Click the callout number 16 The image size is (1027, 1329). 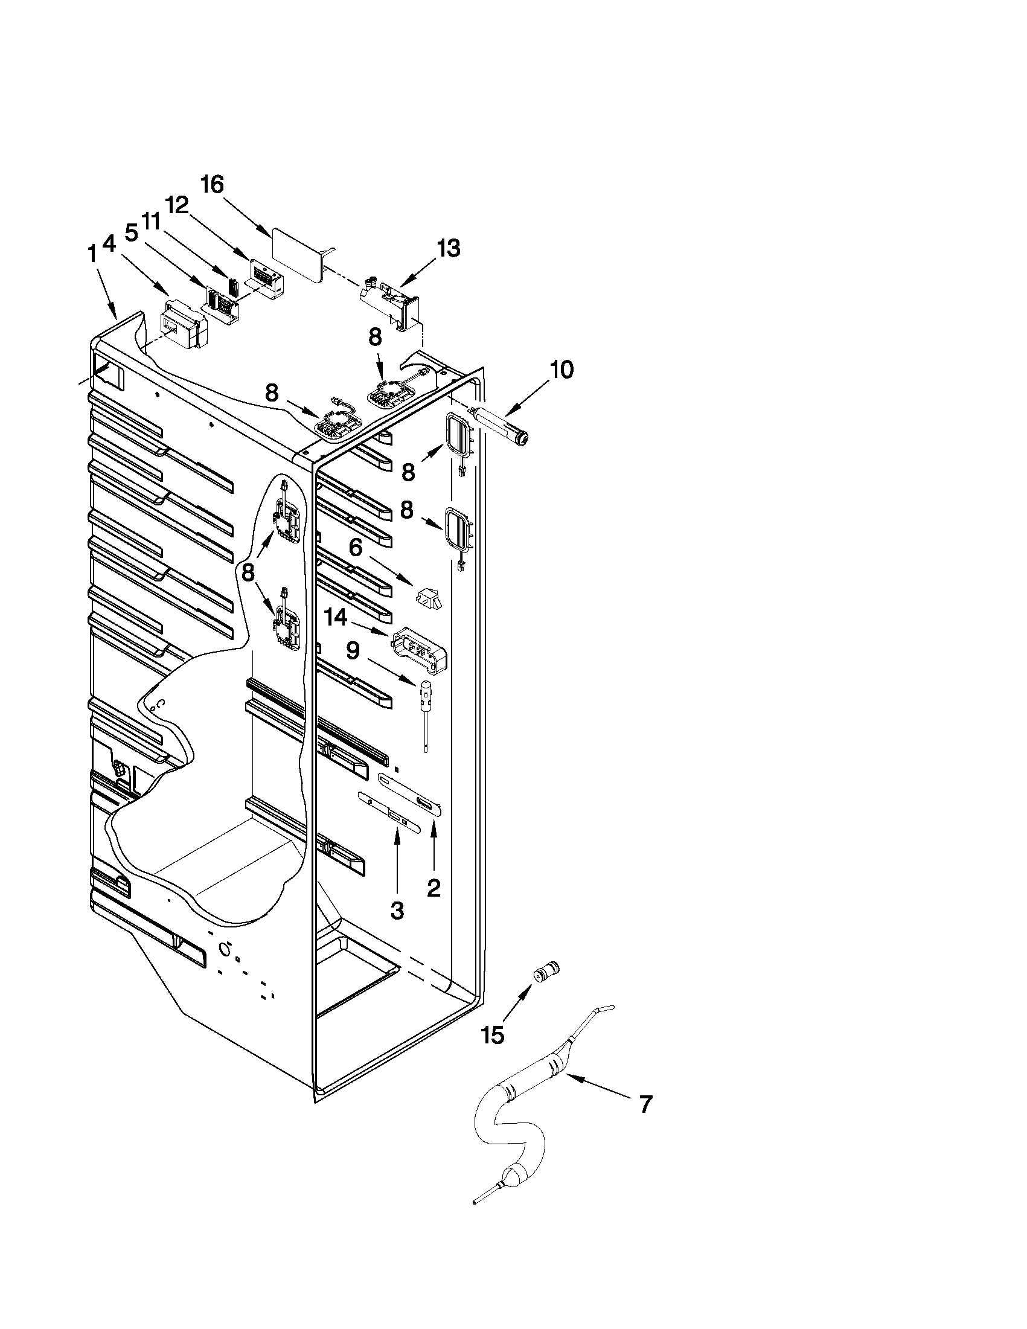point(213,185)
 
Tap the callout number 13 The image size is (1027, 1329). point(448,248)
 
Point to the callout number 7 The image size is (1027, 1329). point(645,1103)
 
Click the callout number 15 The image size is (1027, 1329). point(492,1034)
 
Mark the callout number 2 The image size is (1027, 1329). point(433,888)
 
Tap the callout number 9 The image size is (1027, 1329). point(354,652)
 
